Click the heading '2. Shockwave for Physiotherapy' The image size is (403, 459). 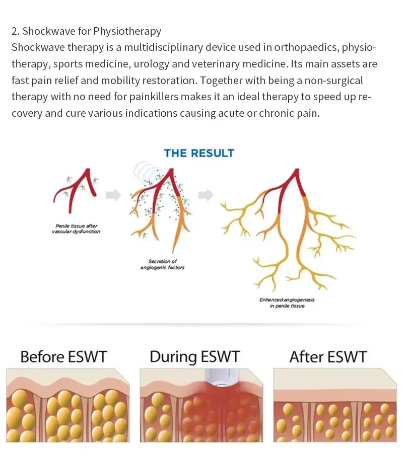coord(86,31)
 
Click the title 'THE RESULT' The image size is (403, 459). coord(199,153)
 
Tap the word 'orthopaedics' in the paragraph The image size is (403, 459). coord(307,48)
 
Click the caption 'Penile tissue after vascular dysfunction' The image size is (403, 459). coord(76,228)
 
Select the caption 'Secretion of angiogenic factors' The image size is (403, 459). coord(162,264)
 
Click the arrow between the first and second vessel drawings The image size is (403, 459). coord(113,195)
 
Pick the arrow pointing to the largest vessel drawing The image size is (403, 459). coord(205,195)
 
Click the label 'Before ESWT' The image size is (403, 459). coord(63,357)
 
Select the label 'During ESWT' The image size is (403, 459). coord(195,357)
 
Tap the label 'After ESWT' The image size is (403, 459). coord(327,357)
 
